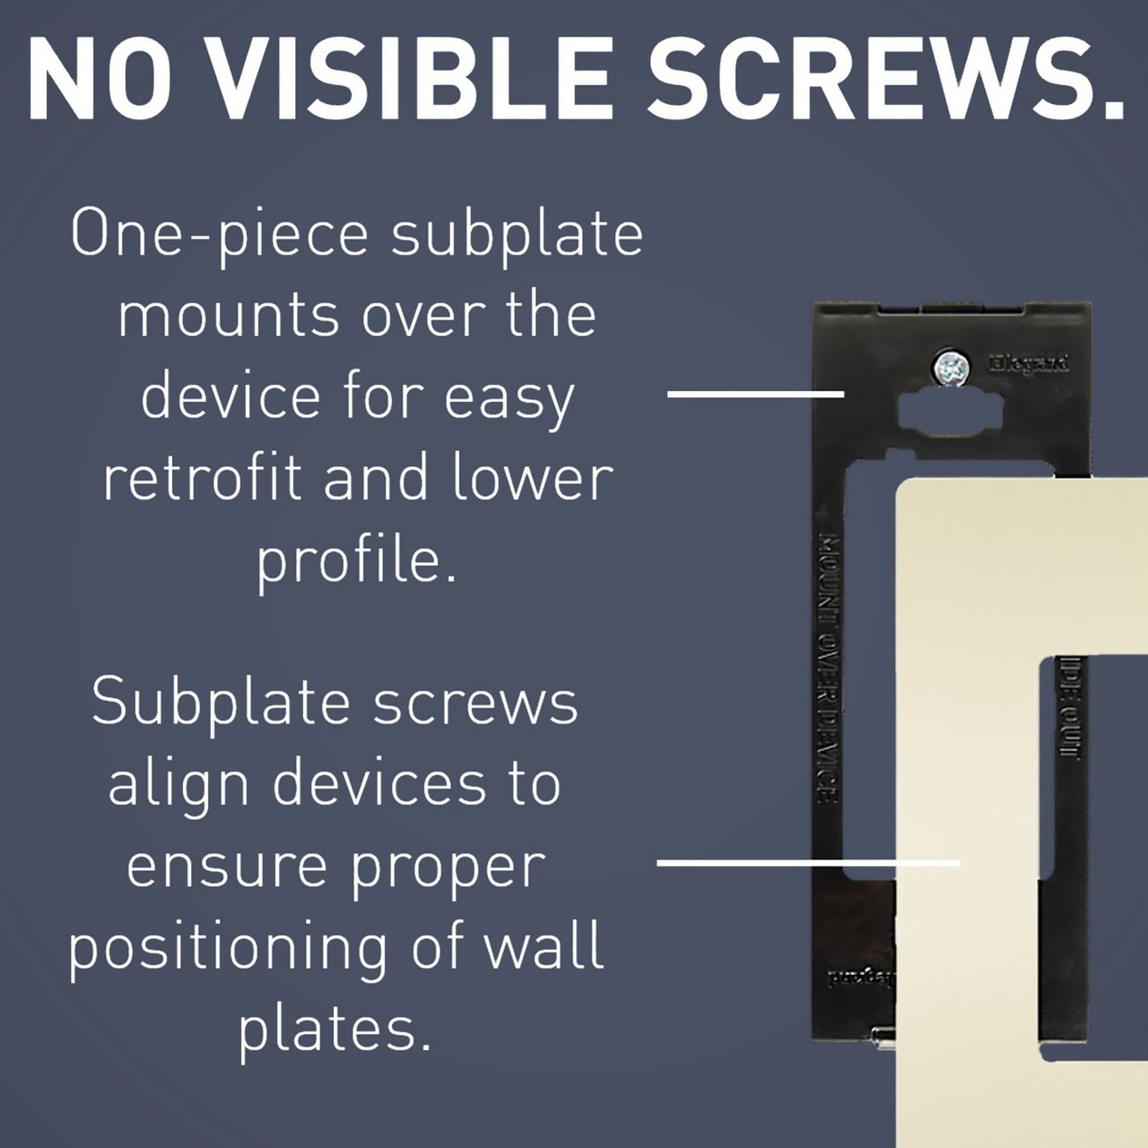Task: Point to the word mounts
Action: point(229,316)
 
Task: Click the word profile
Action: point(356,561)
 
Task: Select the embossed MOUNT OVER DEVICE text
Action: point(828,664)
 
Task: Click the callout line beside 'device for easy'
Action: point(755,393)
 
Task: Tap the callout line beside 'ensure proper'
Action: point(807,863)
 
